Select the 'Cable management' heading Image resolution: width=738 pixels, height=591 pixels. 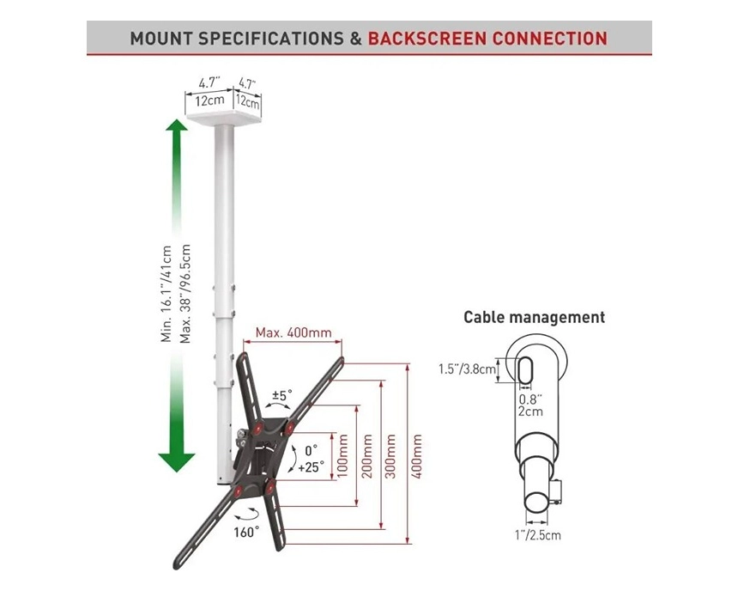point(534,317)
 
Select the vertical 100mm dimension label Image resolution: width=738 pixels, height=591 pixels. point(342,458)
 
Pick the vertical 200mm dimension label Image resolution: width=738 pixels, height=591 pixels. point(367,458)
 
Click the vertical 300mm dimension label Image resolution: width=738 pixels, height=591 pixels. point(392,458)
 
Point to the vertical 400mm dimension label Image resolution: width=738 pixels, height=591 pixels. point(417,458)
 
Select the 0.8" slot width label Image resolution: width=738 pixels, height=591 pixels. point(529,398)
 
